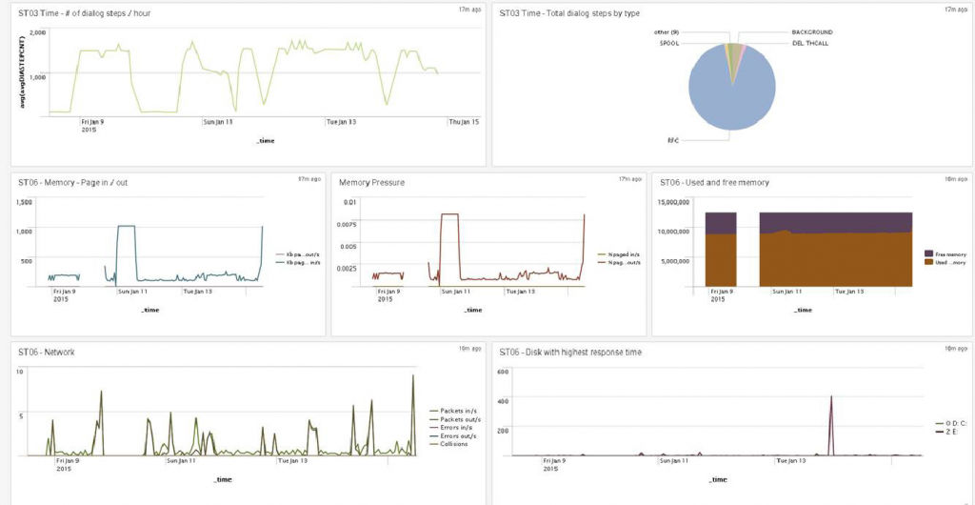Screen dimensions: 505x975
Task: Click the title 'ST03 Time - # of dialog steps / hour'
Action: click(85, 13)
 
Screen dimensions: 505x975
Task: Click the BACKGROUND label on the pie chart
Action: click(811, 32)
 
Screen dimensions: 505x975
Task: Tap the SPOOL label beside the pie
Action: click(669, 43)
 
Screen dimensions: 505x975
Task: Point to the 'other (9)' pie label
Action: click(667, 32)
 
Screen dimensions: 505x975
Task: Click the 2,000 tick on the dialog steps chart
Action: click(37, 31)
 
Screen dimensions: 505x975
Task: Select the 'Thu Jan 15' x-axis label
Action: click(463, 122)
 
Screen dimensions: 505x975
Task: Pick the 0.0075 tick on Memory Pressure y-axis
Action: click(348, 224)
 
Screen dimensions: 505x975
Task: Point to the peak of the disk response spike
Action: click(831, 396)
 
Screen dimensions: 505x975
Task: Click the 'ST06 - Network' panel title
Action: click(47, 352)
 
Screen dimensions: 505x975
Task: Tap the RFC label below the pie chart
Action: click(673, 139)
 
